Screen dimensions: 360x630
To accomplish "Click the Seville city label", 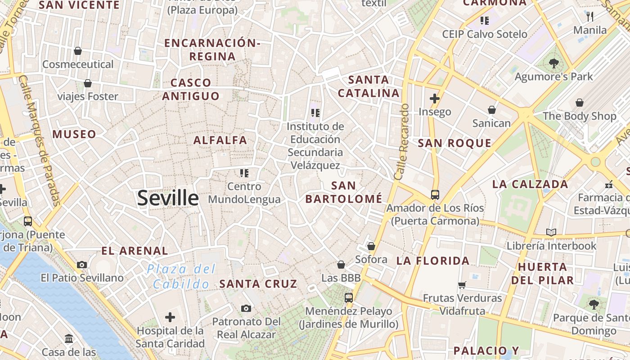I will (x=167, y=198).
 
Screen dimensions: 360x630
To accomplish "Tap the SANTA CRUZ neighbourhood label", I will (x=258, y=283).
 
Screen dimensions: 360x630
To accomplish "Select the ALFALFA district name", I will (x=220, y=140).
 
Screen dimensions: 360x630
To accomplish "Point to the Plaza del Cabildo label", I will (x=181, y=277).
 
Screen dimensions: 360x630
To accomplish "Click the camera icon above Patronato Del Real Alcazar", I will (x=246, y=308).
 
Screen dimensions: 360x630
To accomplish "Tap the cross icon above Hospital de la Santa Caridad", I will (x=170, y=317).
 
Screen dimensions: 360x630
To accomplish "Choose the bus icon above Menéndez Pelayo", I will (x=349, y=297).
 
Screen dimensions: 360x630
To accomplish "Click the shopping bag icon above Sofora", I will (x=371, y=246).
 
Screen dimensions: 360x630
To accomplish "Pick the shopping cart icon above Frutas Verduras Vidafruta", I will (x=462, y=285).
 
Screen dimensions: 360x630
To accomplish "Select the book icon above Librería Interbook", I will (x=551, y=232).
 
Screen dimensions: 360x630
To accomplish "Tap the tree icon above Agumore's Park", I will (x=553, y=63).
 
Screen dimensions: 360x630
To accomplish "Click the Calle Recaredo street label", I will (x=401, y=142).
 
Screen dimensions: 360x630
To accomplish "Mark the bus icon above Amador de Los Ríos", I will (x=435, y=194).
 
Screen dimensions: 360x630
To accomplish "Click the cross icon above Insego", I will (x=435, y=98).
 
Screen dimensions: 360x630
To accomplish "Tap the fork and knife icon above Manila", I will (x=590, y=17).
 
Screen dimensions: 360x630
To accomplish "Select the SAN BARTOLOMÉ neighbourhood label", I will (x=344, y=192).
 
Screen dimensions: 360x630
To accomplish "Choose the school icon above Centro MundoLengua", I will (x=244, y=173).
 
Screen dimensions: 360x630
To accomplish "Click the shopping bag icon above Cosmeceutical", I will (x=78, y=51).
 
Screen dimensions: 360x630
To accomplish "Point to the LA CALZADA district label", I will (x=530, y=184).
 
